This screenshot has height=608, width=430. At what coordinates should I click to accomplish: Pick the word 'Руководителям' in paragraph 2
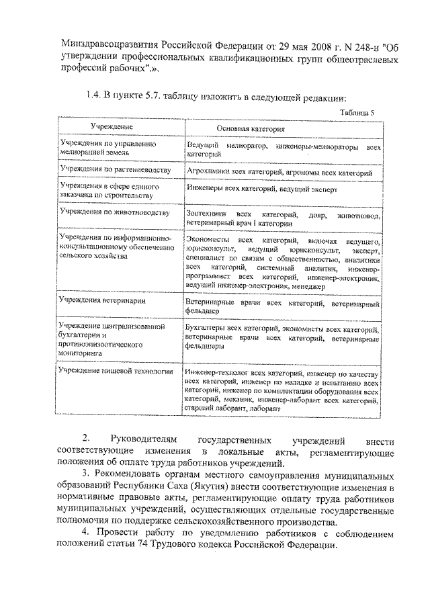132,441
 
